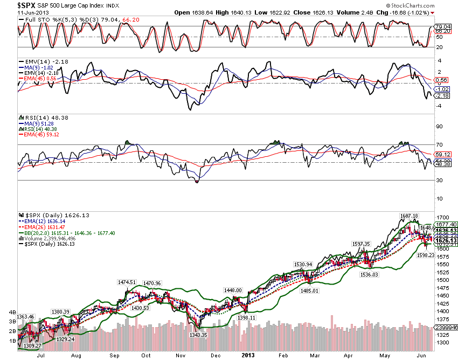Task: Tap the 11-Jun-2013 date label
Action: [x=17, y=13]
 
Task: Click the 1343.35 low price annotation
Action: [x=198, y=335]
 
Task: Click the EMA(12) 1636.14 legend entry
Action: [x=41, y=221]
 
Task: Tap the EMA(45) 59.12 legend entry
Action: [x=41, y=134]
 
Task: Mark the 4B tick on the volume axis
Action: [x=11, y=311]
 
